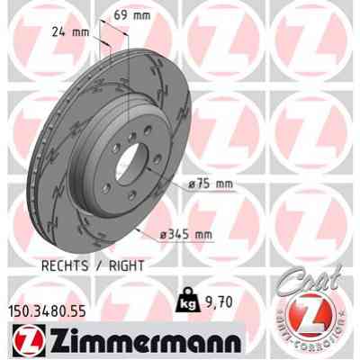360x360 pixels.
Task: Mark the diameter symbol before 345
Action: pos(164,236)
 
